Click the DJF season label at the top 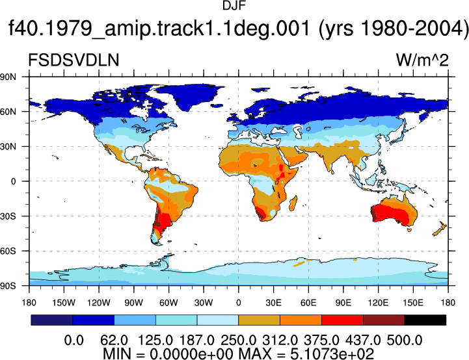click(234, 6)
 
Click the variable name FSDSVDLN click(74, 60)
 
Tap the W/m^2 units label click(422, 60)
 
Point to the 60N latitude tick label click(8, 112)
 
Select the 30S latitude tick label click(8, 216)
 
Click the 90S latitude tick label click(8, 286)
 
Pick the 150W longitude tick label click(64, 303)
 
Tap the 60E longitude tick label click(308, 303)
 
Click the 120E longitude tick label click(378, 303)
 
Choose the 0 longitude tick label click(238, 303)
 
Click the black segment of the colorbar click(425, 320)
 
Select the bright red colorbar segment click(342, 320)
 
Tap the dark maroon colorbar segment click(384, 320)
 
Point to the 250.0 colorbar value click(238, 341)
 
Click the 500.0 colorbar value click(405, 341)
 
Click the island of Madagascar click(293, 203)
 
